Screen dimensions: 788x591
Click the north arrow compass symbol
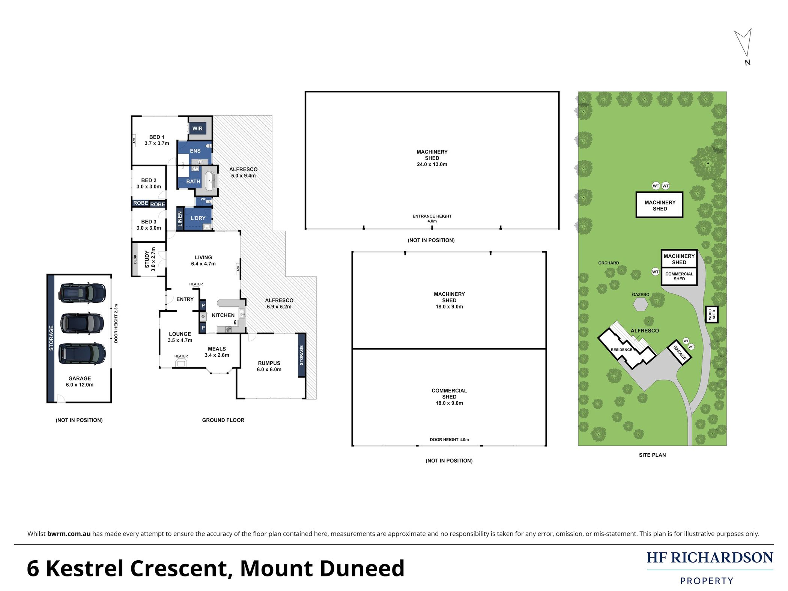click(x=744, y=44)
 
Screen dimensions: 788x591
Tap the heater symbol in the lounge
click(x=181, y=363)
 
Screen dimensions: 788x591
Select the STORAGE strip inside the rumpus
click(x=301, y=355)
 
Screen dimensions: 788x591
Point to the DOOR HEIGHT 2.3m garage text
click(x=116, y=323)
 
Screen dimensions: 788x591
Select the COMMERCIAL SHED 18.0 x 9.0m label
click(x=449, y=396)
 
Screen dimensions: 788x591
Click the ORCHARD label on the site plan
click(x=608, y=263)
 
